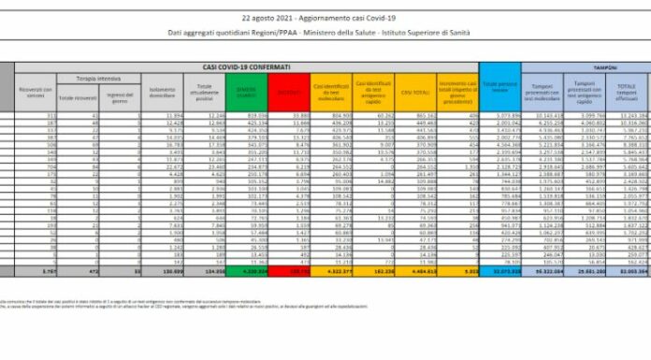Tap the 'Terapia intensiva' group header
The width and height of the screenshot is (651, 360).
tap(87, 81)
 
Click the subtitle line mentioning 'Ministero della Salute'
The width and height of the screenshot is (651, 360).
tap(325, 34)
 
